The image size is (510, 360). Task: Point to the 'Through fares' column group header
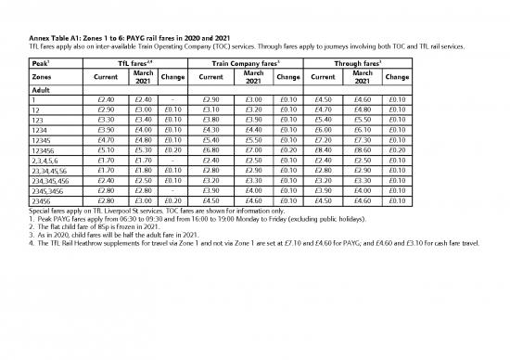click(x=359, y=61)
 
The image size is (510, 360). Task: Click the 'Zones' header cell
click(x=42, y=76)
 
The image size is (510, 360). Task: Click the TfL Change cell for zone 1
click(x=173, y=99)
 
